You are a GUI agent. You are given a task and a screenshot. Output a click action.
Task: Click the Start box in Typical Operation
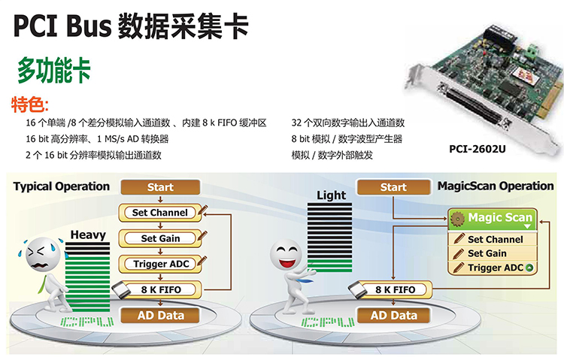159,187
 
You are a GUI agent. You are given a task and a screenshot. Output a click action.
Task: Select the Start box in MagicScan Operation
393,187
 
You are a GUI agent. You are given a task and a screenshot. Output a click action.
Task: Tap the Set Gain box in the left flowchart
159,238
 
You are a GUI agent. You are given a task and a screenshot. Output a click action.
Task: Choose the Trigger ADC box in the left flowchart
159,264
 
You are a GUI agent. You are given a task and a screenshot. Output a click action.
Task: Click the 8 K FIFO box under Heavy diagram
159,289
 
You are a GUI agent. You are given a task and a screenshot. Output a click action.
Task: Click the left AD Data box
159,315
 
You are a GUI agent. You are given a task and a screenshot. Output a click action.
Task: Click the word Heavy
88,235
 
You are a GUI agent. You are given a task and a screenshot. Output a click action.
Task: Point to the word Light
331,195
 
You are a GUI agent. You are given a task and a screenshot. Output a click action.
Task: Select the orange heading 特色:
30,104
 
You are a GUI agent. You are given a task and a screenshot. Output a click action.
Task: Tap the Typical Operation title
61,186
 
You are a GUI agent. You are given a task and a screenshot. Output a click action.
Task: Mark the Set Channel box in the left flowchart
159,213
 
